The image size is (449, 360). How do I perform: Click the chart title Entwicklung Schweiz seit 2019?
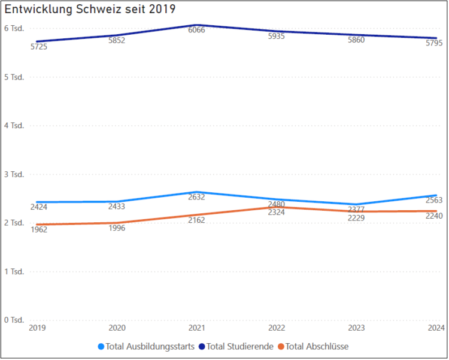[x=90, y=10]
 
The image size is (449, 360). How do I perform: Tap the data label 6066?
[x=196, y=29]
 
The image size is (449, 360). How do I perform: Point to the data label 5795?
[x=433, y=43]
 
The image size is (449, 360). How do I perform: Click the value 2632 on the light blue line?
[x=196, y=196]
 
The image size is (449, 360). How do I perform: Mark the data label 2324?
[x=277, y=213]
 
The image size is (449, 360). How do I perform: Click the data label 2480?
[x=277, y=204]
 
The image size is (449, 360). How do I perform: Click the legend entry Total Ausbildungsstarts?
[x=146, y=346]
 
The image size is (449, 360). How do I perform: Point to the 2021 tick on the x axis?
[x=196, y=328]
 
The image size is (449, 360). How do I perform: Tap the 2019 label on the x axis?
[x=37, y=328]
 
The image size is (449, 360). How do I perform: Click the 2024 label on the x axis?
[x=436, y=328]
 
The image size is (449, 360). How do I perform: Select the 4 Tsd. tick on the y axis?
[x=14, y=126]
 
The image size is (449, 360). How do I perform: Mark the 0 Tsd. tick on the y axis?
[x=14, y=320]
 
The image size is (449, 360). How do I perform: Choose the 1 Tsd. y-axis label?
[x=14, y=271]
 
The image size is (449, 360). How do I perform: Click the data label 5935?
[x=277, y=36]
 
